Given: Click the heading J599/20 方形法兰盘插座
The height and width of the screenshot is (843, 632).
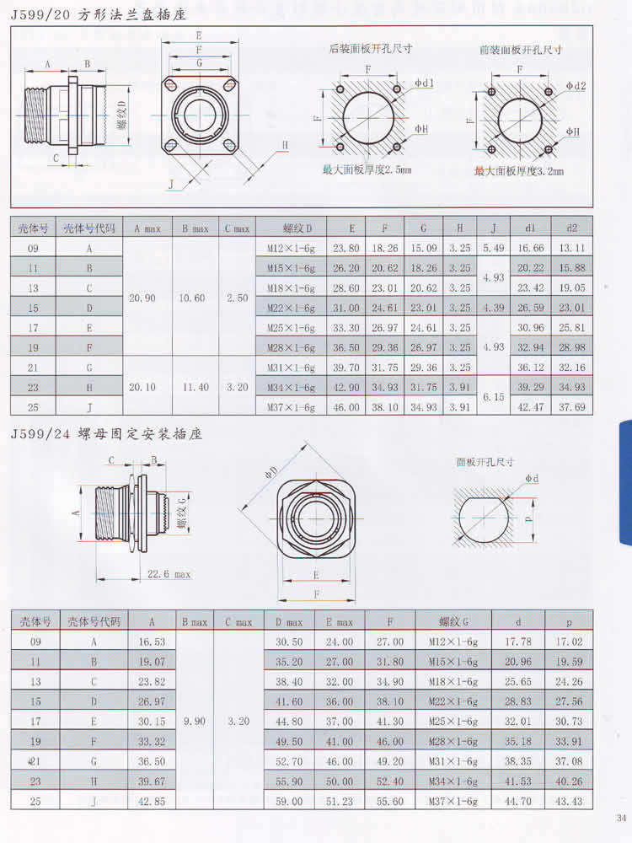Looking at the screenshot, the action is (99, 14).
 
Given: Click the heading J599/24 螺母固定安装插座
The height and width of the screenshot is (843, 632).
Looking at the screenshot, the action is (106, 433).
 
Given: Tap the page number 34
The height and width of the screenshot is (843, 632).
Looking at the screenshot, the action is (621, 819).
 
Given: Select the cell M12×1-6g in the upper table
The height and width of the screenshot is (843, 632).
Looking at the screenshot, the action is (291, 249).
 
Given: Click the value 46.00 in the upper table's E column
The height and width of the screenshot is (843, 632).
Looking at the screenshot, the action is (346, 407).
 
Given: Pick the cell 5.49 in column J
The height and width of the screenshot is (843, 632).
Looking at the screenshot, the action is (493, 248).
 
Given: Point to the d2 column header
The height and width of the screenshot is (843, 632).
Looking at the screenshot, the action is (572, 228).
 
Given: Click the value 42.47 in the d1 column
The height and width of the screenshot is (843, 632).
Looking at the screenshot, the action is (530, 407).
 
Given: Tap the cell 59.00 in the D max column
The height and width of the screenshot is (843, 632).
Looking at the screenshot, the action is (289, 801).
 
